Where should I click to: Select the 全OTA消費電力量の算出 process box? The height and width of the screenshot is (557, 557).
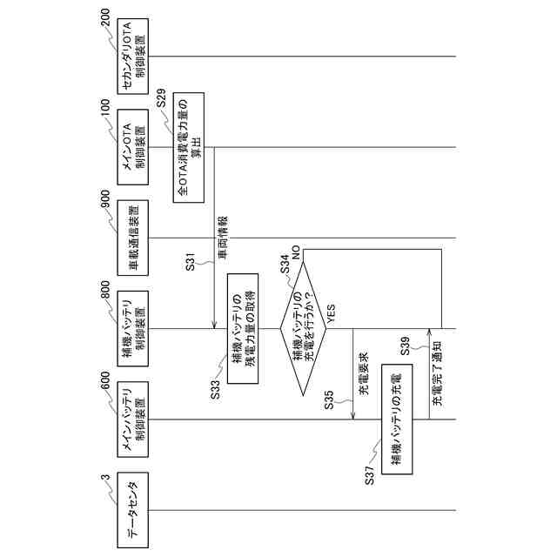point(189,145)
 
